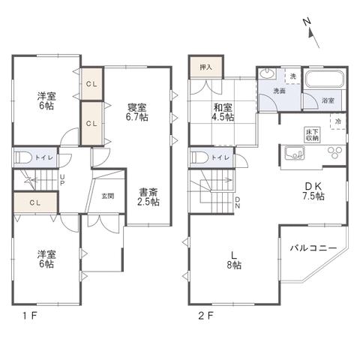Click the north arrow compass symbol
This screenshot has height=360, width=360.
312,33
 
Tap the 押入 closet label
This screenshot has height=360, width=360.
206,67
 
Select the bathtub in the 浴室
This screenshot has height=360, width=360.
325,79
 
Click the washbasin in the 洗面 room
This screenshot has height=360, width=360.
267,73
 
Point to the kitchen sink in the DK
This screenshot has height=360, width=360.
295,153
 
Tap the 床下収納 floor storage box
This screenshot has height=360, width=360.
312,135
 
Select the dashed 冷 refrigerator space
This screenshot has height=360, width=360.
337,121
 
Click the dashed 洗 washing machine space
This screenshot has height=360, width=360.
293,76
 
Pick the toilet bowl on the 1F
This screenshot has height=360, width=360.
23,158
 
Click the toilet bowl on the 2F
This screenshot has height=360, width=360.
199,157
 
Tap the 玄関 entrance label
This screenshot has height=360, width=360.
108,196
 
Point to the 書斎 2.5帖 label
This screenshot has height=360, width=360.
148,197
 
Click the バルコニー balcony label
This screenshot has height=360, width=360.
313,248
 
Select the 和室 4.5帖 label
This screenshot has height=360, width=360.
223,112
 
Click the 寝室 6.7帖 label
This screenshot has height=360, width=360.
136,112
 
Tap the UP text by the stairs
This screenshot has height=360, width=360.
62,180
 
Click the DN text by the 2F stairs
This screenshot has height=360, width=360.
238,202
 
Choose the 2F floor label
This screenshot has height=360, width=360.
206,316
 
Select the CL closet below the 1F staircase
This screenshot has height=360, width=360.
35,202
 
